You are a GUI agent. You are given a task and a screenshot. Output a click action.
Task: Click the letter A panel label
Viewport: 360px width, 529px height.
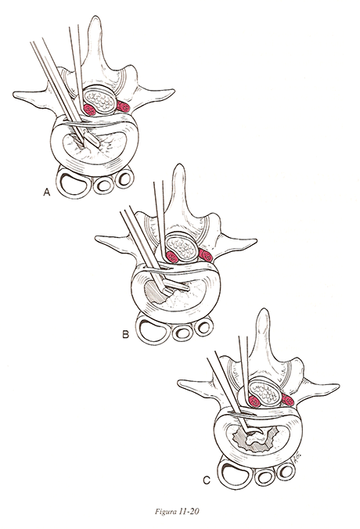[46, 193]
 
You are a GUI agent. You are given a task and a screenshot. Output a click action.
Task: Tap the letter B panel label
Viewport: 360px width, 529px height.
[125, 334]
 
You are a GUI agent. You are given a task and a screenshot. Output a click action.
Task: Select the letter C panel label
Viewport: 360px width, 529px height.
[207, 480]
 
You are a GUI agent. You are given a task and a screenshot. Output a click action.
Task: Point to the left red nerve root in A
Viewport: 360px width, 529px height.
[89, 110]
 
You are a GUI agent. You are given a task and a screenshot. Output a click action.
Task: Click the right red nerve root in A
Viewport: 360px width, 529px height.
[124, 106]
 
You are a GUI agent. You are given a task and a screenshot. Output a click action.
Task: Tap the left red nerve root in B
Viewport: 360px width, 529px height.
[172, 257]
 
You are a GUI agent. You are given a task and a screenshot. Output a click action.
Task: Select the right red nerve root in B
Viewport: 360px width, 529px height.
[206, 255]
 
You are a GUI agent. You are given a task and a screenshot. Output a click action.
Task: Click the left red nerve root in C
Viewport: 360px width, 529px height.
[254, 401]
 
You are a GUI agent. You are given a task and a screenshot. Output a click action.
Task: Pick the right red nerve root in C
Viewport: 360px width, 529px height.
[288, 400]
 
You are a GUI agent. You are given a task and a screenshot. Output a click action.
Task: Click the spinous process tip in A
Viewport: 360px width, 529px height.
[95, 17]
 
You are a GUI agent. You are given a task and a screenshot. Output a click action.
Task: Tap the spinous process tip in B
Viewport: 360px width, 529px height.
[178, 166]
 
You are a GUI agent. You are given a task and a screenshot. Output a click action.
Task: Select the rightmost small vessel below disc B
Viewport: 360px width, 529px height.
[204, 326]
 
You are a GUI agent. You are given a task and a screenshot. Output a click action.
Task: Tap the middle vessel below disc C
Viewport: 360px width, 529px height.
[265, 477]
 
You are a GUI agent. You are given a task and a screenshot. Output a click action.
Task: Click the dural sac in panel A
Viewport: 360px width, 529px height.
[99, 100]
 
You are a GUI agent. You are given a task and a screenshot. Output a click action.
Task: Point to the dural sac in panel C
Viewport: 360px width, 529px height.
[265, 392]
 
